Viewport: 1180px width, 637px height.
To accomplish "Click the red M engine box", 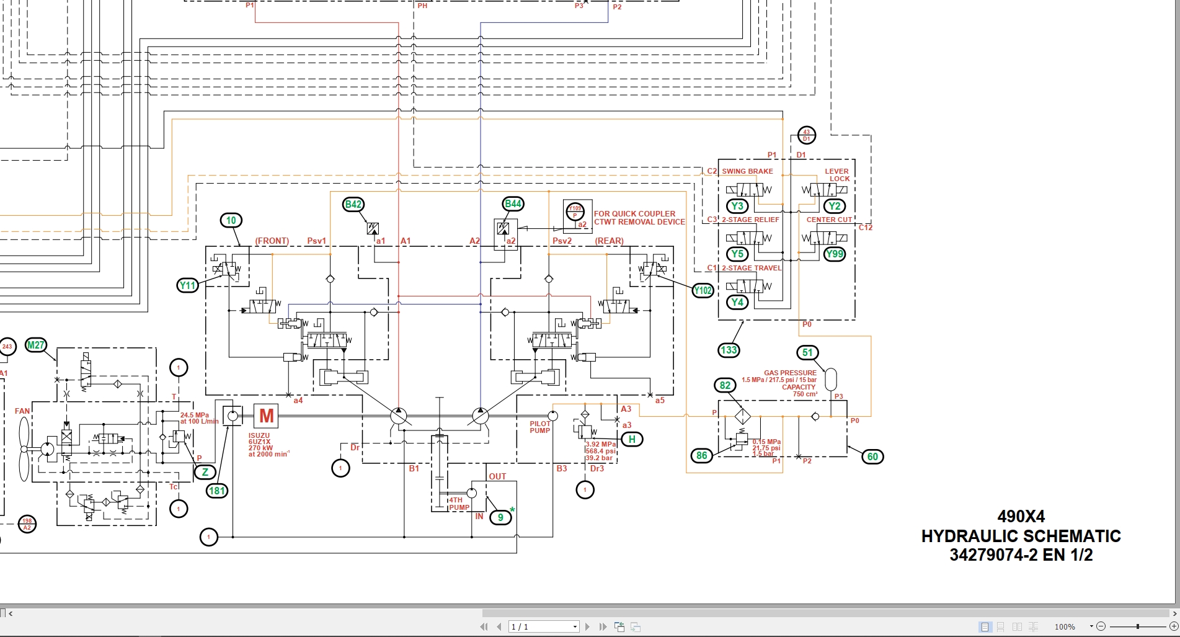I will point(266,416).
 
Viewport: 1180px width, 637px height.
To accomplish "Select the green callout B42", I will point(353,204).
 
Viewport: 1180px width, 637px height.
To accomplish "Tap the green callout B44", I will point(513,203).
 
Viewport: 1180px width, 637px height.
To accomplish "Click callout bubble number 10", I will point(231,220).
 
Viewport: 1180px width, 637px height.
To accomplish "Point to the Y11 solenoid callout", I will point(187,285).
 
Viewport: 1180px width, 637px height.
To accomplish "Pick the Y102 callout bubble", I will point(703,290).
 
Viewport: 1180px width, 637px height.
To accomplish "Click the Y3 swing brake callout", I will point(737,206).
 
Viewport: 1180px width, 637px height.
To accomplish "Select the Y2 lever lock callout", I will point(835,206).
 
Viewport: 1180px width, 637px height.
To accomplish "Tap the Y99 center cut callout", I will point(835,254).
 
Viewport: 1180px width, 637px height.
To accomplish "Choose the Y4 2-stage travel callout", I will point(737,302).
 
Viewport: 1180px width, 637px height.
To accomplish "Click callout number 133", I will point(729,350).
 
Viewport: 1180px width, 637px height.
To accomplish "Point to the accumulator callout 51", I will point(807,352).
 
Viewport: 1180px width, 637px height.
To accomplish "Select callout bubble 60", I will point(872,457).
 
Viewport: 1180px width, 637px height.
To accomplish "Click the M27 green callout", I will point(36,345).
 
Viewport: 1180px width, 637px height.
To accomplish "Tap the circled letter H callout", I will point(632,439).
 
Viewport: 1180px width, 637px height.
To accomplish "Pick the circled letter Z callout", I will point(205,472).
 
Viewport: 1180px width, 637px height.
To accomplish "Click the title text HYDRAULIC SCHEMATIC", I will point(1021,536).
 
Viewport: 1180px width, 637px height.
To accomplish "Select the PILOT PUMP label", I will point(539,427).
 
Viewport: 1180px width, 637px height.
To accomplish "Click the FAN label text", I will point(22,411).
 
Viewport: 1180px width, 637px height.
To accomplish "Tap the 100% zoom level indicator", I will point(1065,627).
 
